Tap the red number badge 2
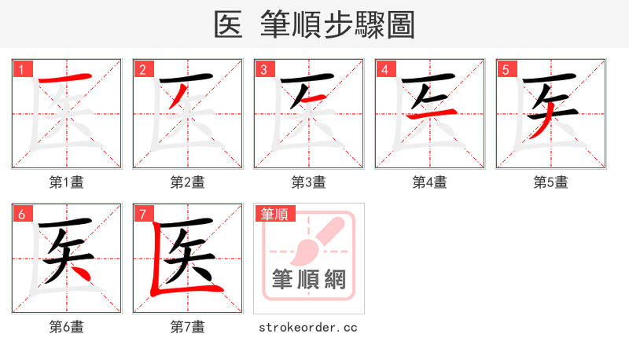click(x=142, y=69)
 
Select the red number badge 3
click(x=263, y=69)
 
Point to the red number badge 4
click(x=384, y=69)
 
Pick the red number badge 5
click(x=506, y=69)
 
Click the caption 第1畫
click(x=67, y=182)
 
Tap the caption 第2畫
click(x=188, y=182)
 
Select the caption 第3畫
click(x=309, y=182)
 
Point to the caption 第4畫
click(x=430, y=182)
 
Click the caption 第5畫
click(x=551, y=182)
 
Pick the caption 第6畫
click(x=67, y=327)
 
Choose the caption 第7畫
click(x=188, y=327)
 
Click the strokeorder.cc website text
click(x=308, y=327)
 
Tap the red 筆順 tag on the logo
click(x=274, y=214)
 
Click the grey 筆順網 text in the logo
click(x=308, y=280)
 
